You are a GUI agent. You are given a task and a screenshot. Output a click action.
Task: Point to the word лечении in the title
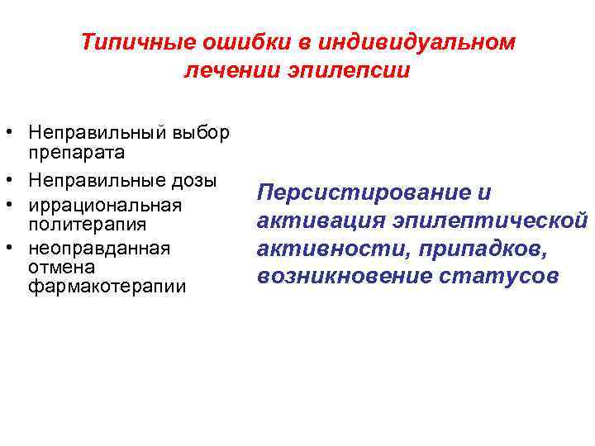(224, 71)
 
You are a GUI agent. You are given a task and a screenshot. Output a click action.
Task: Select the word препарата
(76, 152)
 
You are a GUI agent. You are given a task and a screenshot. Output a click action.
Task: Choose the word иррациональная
(105, 204)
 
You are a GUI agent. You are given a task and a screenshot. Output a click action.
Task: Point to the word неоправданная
(98, 248)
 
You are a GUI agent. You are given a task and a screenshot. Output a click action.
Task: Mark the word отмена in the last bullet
(61, 267)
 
